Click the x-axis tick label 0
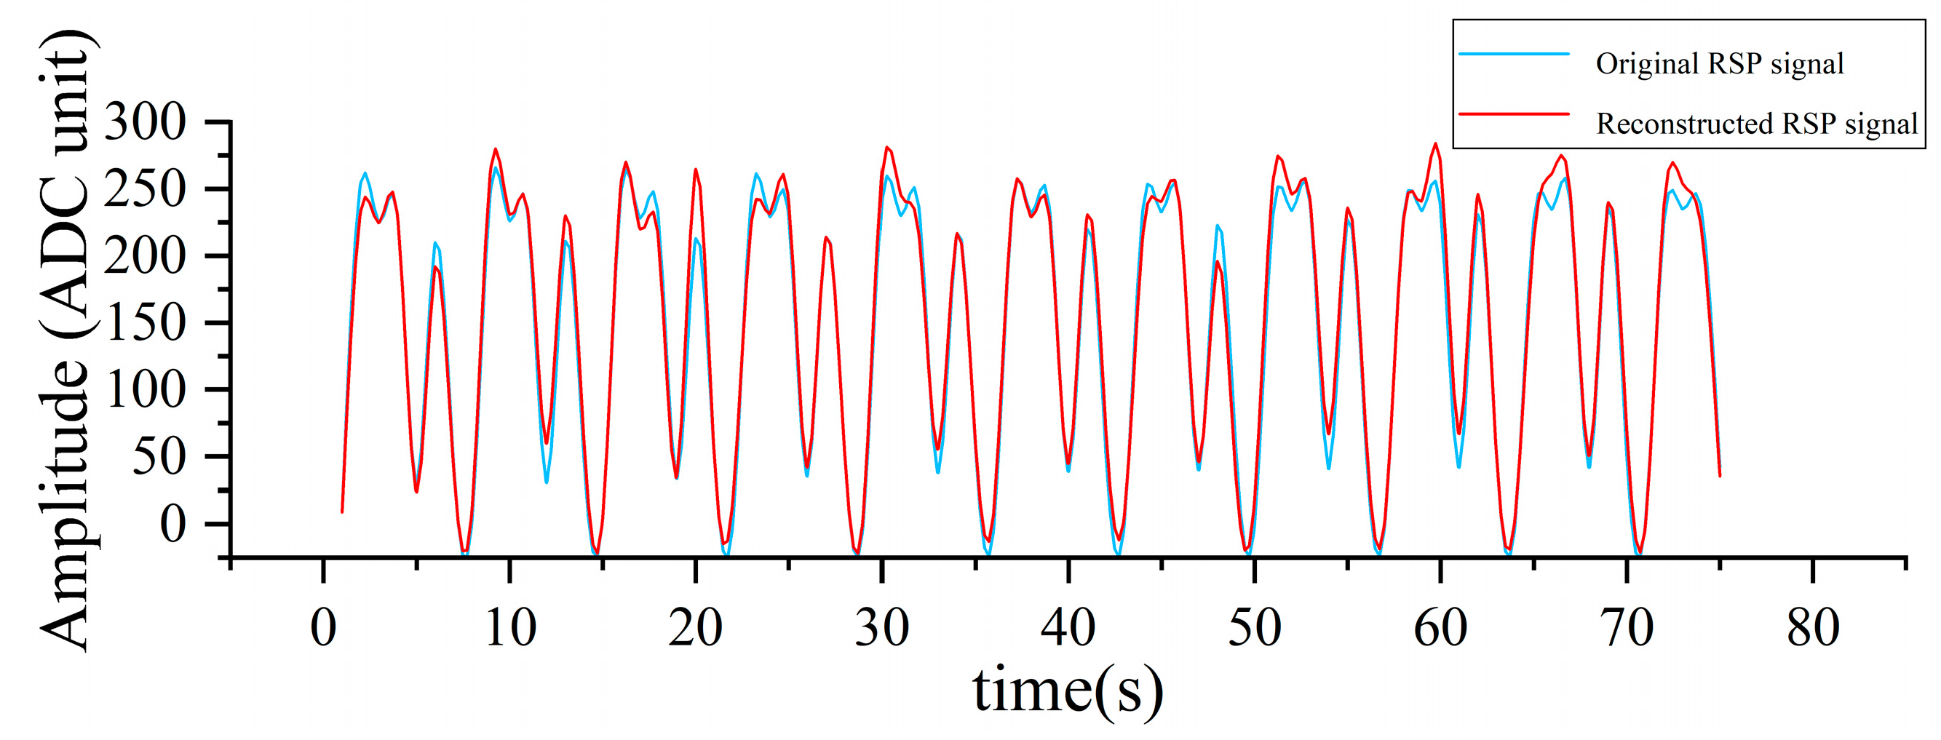click(323, 628)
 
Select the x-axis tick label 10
click(510, 628)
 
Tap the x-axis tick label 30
click(881, 628)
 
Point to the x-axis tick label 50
click(1254, 628)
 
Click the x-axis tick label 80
click(1812, 628)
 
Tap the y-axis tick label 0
click(172, 525)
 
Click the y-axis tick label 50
click(159, 458)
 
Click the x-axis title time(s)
click(1068, 691)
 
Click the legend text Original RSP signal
click(1720, 64)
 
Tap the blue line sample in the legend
click(1514, 55)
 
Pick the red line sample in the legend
click(1514, 114)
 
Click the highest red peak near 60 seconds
click(1435, 143)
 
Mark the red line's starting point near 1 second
click(342, 512)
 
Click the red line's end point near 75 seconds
click(1720, 475)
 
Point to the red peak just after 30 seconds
click(887, 147)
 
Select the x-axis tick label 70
click(1626, 628)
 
